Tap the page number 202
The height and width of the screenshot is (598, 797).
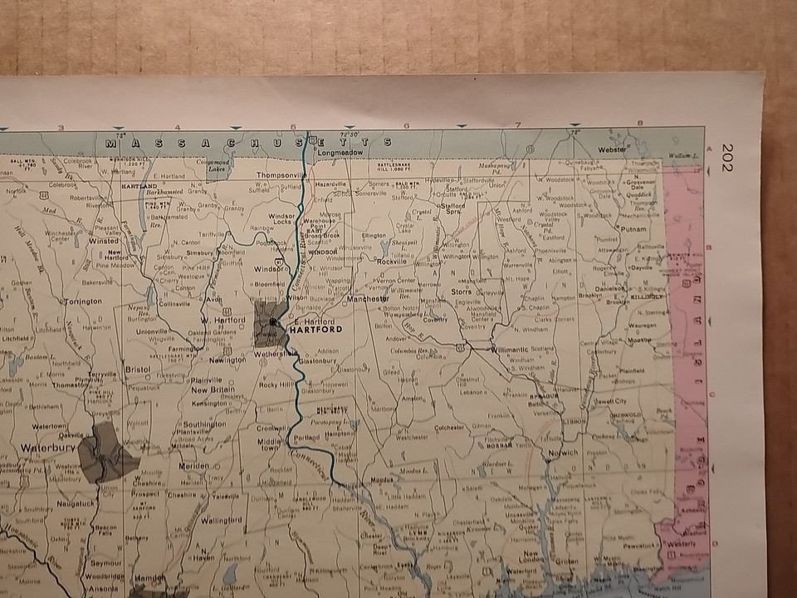728,157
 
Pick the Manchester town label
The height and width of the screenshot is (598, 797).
369,298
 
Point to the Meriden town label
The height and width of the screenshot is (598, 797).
194,466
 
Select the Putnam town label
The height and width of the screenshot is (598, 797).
633,227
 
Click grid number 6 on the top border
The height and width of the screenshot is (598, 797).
405,126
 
